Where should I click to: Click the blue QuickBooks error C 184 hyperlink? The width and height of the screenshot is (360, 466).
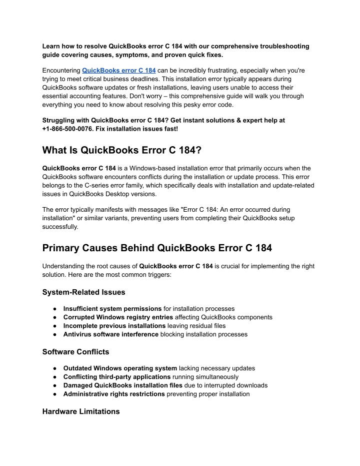(x=118, y=71)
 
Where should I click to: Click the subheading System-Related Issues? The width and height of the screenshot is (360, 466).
(x=83, y=292)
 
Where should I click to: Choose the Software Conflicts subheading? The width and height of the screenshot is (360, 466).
(x=75, y=352)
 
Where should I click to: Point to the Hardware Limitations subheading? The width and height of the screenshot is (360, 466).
(x=81, y=411)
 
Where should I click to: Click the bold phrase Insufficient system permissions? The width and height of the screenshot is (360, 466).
(x=112, y=309)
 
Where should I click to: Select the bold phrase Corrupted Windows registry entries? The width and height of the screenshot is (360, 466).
(x=118, y=317)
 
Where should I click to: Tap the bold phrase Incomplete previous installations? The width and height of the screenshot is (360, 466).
(x=114, y=326)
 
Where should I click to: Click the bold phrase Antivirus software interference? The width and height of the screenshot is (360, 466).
(x=110, y=334)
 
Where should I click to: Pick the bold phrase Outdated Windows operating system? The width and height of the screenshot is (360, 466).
(x=120, y=368)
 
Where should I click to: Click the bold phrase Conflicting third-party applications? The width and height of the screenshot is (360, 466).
(x=117, y=377)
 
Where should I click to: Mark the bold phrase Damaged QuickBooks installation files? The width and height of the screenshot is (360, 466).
(x=122, y=385)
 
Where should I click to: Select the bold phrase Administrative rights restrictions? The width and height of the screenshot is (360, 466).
(x=114, y=394)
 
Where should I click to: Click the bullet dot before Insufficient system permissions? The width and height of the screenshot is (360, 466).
(x=54, y=309)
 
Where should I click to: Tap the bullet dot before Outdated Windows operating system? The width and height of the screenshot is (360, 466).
(x=54, y=368)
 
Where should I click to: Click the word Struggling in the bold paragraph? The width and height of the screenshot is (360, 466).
(x=58, y=120)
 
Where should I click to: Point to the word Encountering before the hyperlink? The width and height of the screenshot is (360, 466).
(x=61, y=71)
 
